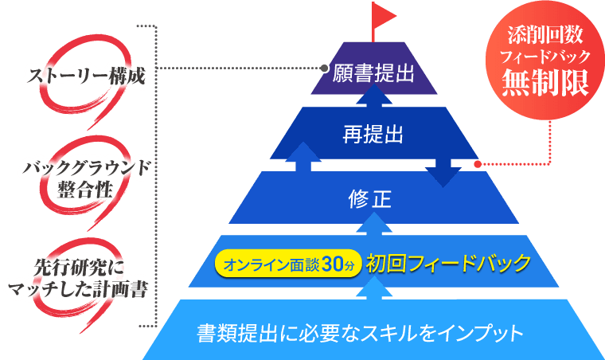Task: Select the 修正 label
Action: coord(370,198)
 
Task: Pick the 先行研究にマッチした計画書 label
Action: coord(78,277)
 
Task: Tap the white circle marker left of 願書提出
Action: coord(324,68)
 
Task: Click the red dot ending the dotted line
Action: coord(478,164)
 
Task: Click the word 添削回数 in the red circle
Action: coord(545,37)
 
